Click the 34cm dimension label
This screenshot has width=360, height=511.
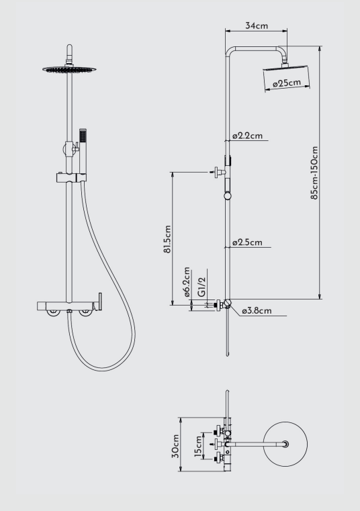point(257,26)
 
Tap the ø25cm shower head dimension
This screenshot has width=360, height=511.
point(287,83)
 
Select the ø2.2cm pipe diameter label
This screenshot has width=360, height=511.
point(247,135)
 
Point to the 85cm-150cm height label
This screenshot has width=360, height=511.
point(314,173)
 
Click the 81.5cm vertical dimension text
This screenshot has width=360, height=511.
point(167,239)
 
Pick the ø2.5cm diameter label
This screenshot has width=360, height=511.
point(247,242)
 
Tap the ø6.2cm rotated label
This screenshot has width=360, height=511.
point(187,282)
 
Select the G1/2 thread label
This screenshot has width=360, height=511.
point(202,287)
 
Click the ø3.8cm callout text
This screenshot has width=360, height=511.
point(257,311)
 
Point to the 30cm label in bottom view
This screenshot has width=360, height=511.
point(175,446)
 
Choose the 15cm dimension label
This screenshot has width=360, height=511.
point(198,446)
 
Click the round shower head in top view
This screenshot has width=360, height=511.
point(285,444)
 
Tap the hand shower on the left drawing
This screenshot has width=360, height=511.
point(83,152)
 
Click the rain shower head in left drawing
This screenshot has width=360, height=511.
point(69,69)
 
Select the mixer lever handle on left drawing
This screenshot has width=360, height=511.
point(100,301)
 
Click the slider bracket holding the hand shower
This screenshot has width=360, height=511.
point(71,178)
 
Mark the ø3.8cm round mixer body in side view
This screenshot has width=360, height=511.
point(227,304)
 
